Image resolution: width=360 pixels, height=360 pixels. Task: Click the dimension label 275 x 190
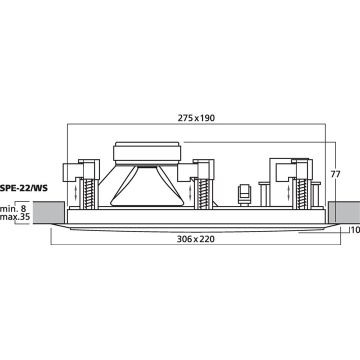(196, 118)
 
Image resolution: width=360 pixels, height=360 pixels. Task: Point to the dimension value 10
(354, 230)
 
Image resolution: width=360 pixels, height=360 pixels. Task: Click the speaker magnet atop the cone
(147, 151)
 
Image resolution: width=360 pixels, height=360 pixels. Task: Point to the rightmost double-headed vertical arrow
(288, 192)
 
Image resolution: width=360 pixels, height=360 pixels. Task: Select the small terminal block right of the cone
(243, 194)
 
